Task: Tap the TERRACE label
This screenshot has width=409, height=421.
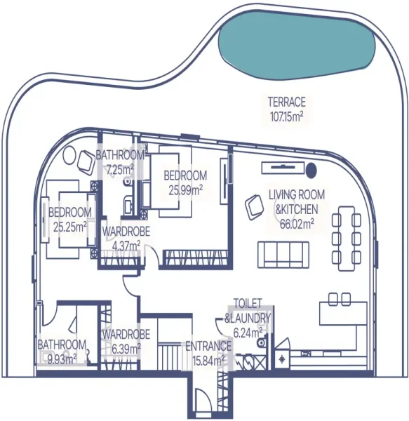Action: pyautogui.click(x=286, y=102)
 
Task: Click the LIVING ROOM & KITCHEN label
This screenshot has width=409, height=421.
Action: pyautogui.click(x=296, y=203)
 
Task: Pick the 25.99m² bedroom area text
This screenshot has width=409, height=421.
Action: pyautogui.click(x=185, y=189)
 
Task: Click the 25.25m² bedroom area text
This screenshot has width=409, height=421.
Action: pyautogui.click(x=69, y=226)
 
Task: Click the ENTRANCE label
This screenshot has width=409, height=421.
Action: pyautogui.click(x=207, y=346)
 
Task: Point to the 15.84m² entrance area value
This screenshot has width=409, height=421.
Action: pyautogui.click(x=207, y=360)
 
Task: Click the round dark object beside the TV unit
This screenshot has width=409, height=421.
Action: pyautogui.click(x=311, y=168)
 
